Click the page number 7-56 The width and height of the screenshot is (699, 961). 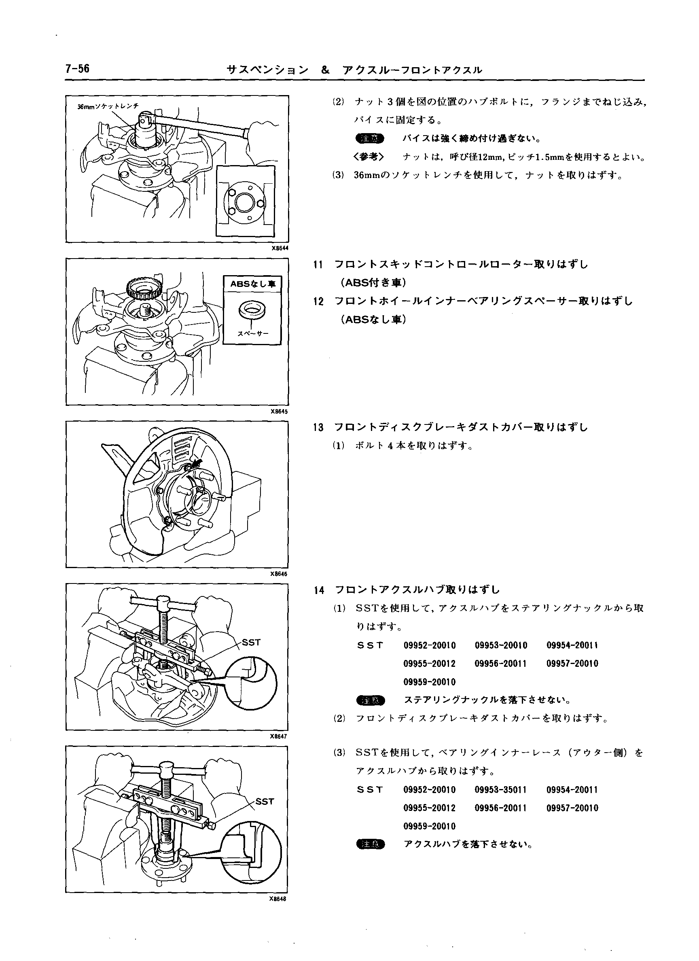[x=78, y=69]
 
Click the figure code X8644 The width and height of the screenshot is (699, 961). [x=280, y=248]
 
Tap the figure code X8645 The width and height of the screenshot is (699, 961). [x=280, y=412]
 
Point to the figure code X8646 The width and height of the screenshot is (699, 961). [x=279, y=574]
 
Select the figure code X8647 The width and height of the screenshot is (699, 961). [x=279, y=736]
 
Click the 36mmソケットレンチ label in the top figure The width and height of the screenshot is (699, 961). [x=108, y=106]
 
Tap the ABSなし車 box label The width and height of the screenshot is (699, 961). [x=252, y=284]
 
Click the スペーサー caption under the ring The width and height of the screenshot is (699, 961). [x=252, y=333]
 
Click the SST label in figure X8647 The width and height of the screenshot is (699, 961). [x=251, y=643]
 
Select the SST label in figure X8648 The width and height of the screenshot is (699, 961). [x=265, y=801]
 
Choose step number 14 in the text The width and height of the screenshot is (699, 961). [x=319, y=590]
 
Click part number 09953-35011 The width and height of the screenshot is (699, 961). [x=501, y=790]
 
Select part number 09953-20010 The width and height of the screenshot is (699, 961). [x=501, y=645]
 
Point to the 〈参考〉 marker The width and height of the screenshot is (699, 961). [x=368, y=157]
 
